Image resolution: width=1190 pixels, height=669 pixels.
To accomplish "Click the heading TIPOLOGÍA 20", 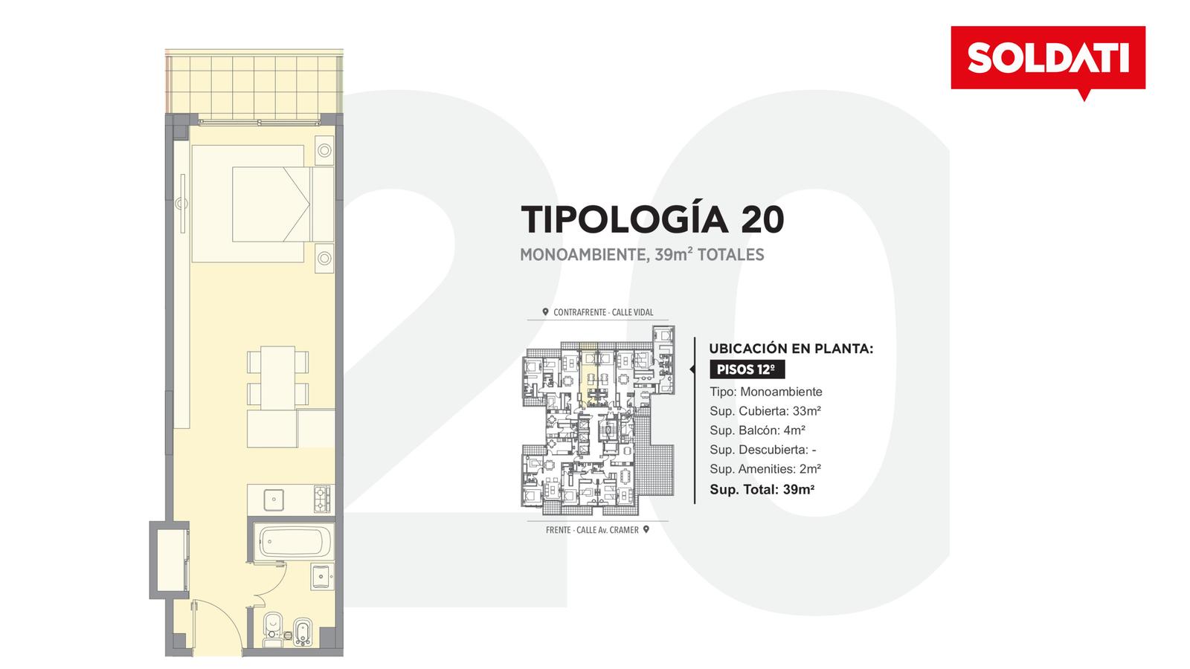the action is coord(652,219).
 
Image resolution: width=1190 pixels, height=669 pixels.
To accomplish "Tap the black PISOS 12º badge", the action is coord(747,369).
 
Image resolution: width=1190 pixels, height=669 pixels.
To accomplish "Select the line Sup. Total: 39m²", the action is coord(762,490).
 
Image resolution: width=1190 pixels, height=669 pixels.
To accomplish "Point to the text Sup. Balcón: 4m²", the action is coord(757,430).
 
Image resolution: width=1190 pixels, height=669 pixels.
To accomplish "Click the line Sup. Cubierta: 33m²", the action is coord(765,411).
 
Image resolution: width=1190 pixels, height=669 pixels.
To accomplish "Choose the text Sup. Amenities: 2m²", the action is coord(765,469).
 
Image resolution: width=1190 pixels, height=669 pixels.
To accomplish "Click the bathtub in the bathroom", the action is coord(293,542).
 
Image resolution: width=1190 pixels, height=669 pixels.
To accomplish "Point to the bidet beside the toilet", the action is coord(302,632).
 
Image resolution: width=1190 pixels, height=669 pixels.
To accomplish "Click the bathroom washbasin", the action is coord(323,577).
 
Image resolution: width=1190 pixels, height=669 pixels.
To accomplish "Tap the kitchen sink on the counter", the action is coord(274,500).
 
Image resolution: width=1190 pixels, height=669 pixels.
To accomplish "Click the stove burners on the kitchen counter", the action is coord(322,499).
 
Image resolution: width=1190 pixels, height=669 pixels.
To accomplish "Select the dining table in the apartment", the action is coord(278,378).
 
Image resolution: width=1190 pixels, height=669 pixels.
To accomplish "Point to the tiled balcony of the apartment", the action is coord(254,85).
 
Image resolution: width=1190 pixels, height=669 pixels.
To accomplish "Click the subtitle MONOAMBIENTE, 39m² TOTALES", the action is coord(642,254).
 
